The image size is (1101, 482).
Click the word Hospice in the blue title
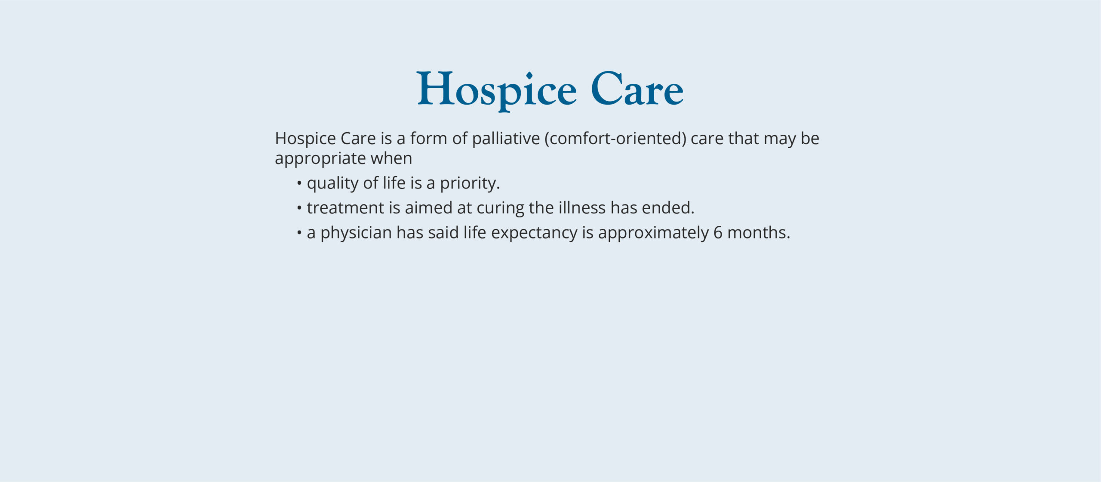[497, 90]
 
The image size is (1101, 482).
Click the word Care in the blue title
[637, 90]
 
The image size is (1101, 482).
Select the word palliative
[506, 139]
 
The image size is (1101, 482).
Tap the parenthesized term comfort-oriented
[615, 139]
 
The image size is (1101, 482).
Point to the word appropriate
[320, 159]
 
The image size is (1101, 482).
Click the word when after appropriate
[391, 158]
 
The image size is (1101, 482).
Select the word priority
[469, 184]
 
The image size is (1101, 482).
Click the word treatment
[345, 208]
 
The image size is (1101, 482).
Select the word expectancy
[534, 233]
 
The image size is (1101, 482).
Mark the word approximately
[653, 233]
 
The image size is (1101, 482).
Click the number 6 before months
[718, 233]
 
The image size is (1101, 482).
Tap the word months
[758, 233]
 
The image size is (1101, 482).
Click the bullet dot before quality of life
[299, 184]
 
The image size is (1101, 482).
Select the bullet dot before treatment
[299, 208]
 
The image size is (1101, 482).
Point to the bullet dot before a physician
[299, 233]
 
